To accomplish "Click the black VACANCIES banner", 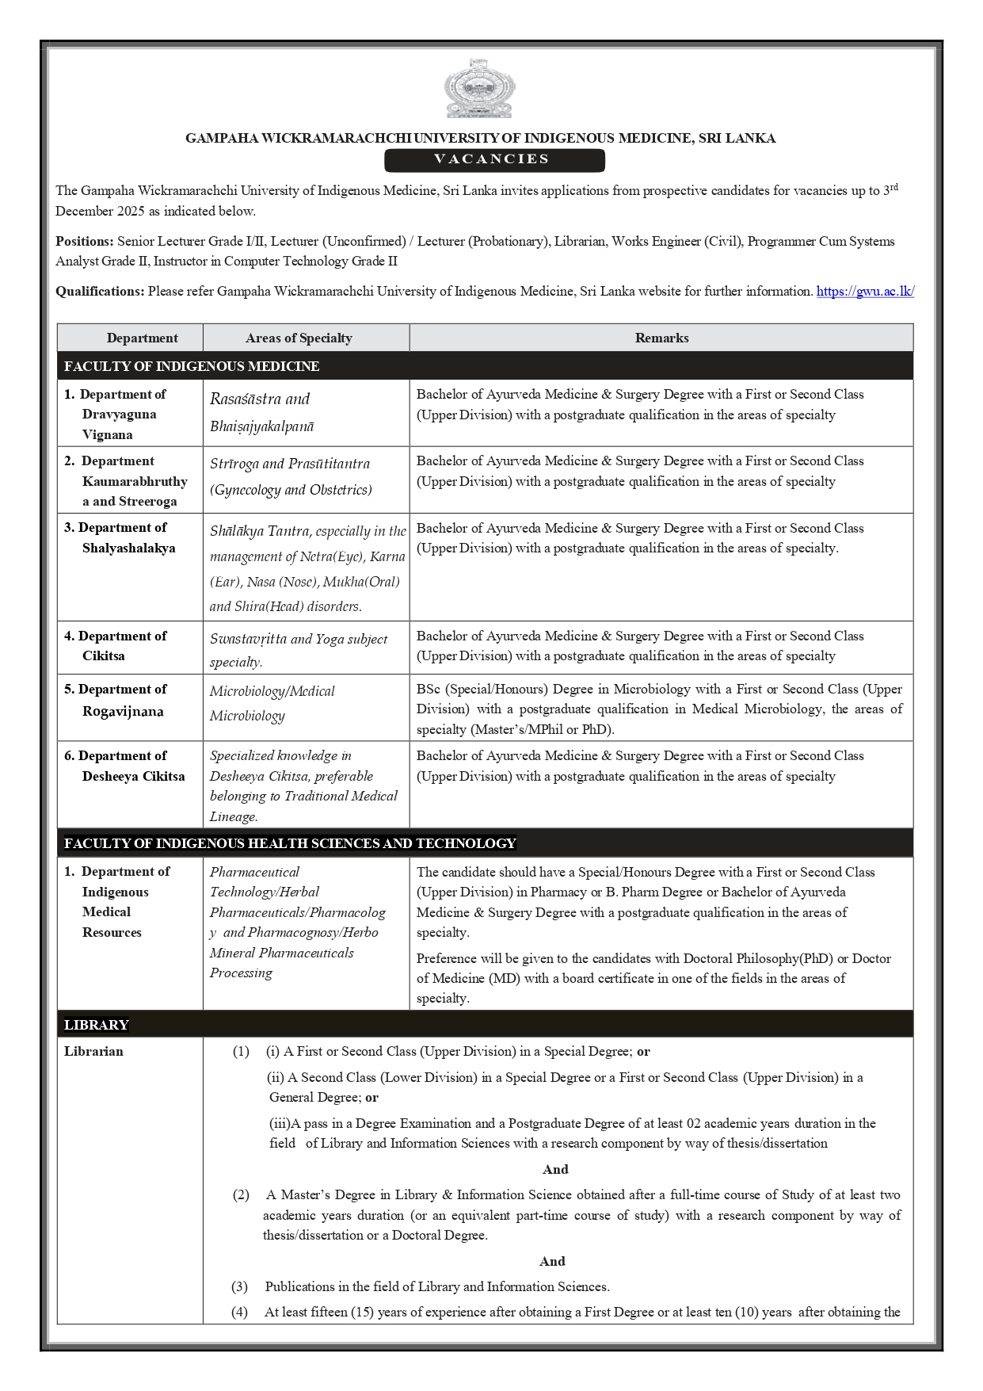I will point(494,159).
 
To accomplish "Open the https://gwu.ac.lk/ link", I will point(865,291).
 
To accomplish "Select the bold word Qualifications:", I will point(100,291).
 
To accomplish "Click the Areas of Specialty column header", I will point(299,338).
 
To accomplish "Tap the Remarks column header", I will point(661,338).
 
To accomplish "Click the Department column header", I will point(143,338).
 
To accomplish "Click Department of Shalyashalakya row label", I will point(123,537).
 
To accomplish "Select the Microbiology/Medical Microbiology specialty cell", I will point(272,703).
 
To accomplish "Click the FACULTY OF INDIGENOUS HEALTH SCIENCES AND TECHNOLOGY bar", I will point(290,843).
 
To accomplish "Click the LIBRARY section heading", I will point(97,1025).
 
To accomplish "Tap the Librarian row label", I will point(93,1051).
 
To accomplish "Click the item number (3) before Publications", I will point(239,1286).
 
